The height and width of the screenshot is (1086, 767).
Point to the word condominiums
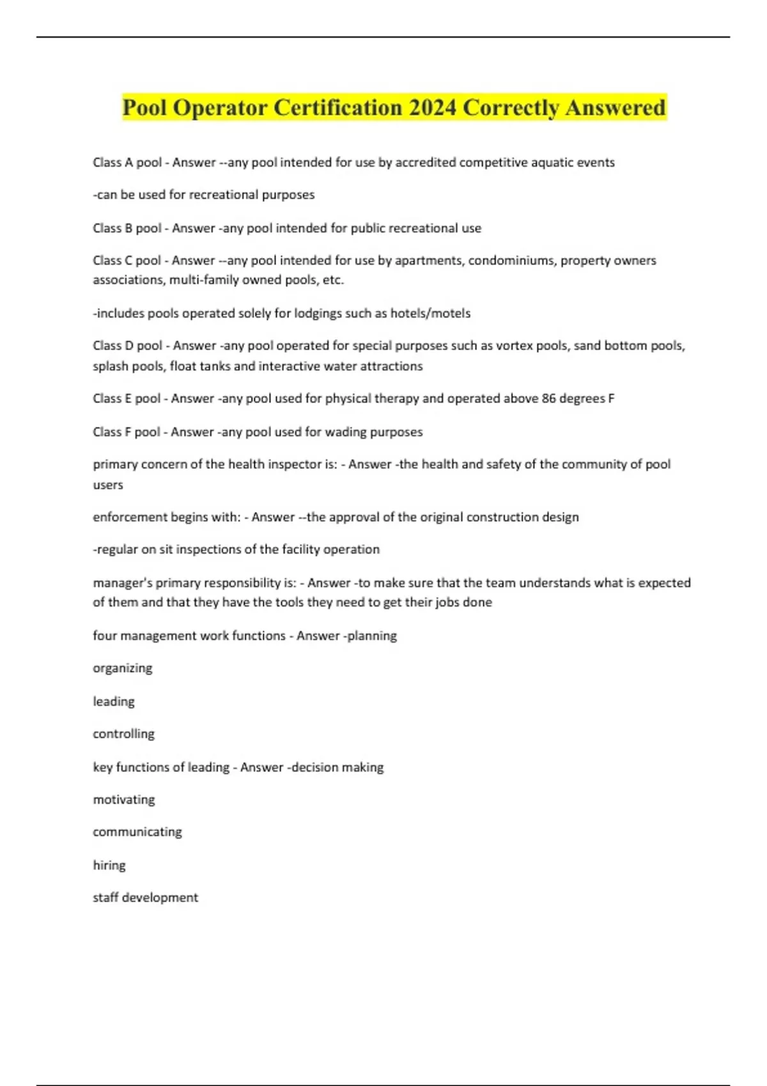point(511,260)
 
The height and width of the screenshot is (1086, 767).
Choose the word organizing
point(123,668)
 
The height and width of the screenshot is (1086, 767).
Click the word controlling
point(123,734)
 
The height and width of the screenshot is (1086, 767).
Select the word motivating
point(123,800)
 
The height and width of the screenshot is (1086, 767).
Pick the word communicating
point(137,832)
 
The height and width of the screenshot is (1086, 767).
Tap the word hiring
point(109,866)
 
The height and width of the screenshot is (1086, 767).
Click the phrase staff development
point(146,898)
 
